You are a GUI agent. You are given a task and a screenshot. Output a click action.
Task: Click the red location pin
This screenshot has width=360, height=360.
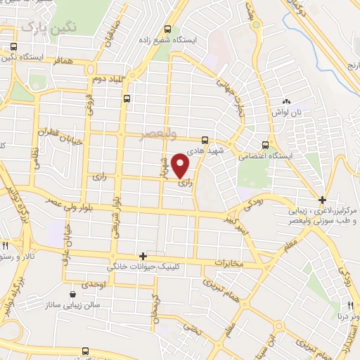(x=181, y=165)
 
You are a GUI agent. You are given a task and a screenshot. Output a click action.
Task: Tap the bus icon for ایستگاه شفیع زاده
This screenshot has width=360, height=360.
(x=167, y=30)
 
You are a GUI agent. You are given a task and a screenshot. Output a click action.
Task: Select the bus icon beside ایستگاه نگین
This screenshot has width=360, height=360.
(x=13, y=47)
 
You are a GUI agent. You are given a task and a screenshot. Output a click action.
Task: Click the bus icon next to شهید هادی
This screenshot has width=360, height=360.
(x=205, y=139)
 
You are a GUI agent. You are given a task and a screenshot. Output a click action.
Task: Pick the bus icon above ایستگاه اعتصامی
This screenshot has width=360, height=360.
(x=265, y=140)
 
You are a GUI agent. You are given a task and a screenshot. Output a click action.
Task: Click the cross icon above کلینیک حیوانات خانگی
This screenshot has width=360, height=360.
(x=143, y=257)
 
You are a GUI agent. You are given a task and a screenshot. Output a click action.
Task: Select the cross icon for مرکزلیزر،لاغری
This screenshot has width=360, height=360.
(x=322, y=200)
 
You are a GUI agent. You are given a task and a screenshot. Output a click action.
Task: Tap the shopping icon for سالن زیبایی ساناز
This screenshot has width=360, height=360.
(x=75, y=293)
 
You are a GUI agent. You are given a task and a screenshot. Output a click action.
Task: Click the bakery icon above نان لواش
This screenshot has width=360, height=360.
(x=286, y=103)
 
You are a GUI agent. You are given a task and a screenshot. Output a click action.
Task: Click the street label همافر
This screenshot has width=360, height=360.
(x=65, y=63)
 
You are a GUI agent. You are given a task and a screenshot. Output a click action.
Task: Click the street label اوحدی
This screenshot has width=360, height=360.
(x=94, y=283)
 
